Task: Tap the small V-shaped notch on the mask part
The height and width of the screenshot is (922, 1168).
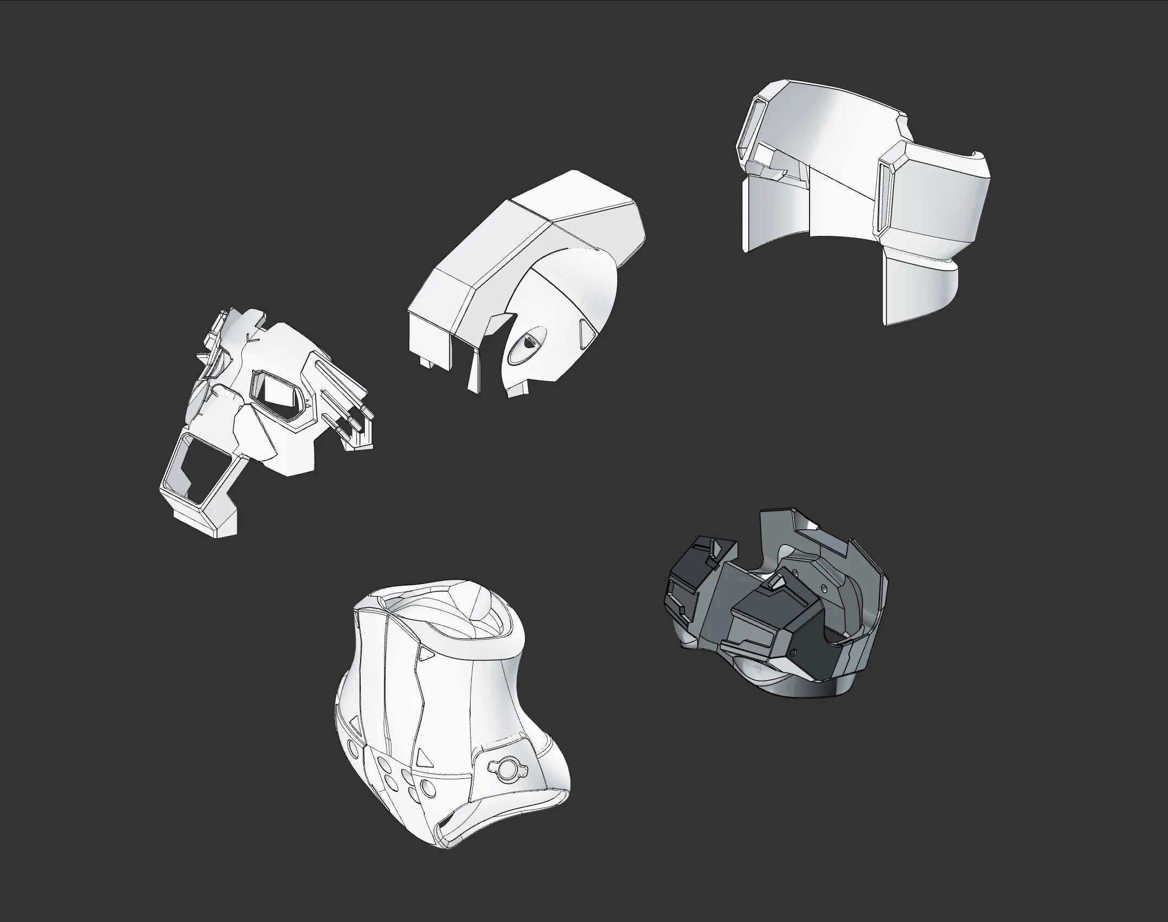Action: pyautogui.click(x=249, y=337)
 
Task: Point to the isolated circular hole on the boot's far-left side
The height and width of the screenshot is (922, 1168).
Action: pyautogui.click(x=353, y=751)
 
